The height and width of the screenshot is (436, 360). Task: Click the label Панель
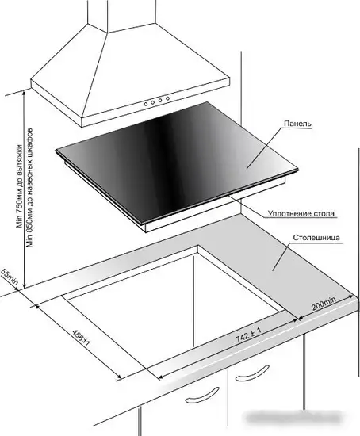[x=297, y=123]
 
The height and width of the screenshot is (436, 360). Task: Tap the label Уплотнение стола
[x=301, y=213]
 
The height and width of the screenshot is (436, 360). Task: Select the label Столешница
[x=316, y=238]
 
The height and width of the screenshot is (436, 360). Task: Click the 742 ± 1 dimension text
[x=248, y=335]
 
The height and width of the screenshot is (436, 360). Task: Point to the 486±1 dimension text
[x=81, y=338]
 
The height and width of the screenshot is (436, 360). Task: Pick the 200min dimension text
[x=324, y=304]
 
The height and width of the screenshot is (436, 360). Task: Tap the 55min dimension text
[x=10, y=277]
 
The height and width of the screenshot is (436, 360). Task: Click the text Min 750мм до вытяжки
[x=19, y=186]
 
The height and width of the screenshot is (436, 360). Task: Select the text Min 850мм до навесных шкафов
[x=30, y=187]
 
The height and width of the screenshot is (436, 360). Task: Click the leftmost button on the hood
[x=145, y=105]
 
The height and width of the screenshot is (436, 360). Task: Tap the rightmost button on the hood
[x=167, y=98]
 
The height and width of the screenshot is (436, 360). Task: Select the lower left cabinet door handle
[x=202, y=396]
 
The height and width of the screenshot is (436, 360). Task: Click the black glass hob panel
[x=177, y=163]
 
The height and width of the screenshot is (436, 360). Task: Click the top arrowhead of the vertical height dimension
[x=25, y=93]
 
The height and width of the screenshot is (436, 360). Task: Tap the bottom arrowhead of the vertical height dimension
[x=25, y=285]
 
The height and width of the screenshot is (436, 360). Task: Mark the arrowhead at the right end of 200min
[x=351, y=297]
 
